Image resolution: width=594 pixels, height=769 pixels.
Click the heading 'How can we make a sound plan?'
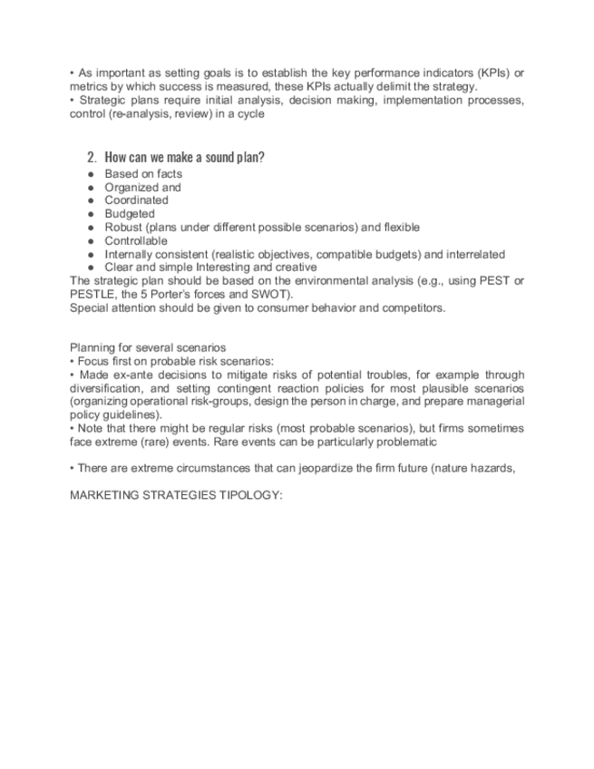184,157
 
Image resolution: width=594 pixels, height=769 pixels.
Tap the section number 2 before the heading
92,157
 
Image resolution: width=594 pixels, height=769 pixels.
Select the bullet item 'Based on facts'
142,173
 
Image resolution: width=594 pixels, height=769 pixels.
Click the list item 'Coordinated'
136,200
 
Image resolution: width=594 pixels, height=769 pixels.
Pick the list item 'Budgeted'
130,214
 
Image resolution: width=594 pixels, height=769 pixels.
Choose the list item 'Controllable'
136,241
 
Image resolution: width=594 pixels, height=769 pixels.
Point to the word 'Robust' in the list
123,228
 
